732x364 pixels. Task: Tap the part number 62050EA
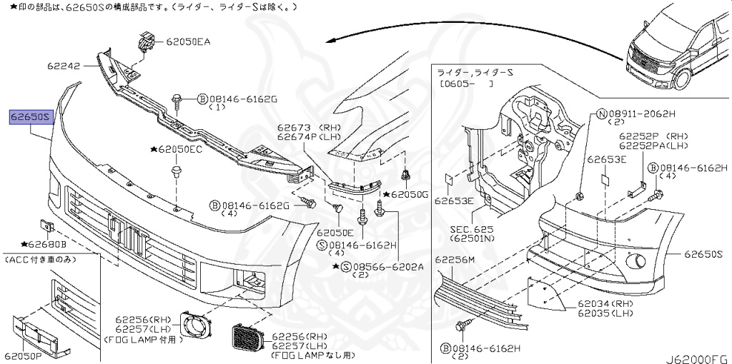pos(188,42)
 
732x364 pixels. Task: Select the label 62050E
pos(335,232)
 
